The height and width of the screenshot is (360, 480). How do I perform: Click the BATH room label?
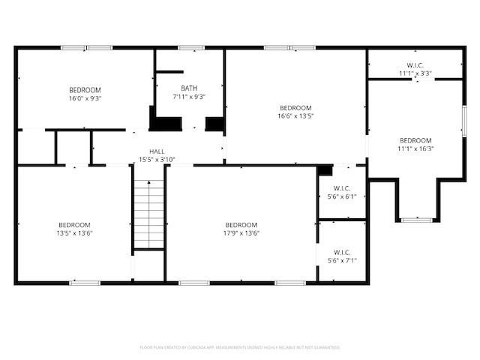[x=189, y=88]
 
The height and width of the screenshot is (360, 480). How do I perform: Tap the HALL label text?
[x=157, y=151]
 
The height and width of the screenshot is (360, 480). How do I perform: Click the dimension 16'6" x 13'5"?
[x=295, y=115]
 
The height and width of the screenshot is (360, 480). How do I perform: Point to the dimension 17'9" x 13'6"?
[x=241, y=233]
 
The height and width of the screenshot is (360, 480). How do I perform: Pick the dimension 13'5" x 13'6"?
[x=75, y=233]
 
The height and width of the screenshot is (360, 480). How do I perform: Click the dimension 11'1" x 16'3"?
[x=415, y=148]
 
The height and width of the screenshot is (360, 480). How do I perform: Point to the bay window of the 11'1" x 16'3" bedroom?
[x=415, y=220]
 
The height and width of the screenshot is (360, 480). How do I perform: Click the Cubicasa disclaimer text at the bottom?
[x=240, y=347]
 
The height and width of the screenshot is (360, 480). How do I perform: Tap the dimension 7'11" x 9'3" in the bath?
[x=189, y=96]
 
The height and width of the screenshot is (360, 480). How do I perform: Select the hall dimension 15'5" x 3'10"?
[x=157, y=159]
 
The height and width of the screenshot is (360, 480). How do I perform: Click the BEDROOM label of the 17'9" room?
[x=241, y=225]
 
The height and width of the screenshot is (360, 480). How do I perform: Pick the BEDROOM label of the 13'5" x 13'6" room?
[x=75, y=225]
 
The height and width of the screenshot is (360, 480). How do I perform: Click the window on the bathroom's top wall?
[x=190, y=48]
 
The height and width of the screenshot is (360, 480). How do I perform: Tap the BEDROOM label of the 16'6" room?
[x=295, y=107]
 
